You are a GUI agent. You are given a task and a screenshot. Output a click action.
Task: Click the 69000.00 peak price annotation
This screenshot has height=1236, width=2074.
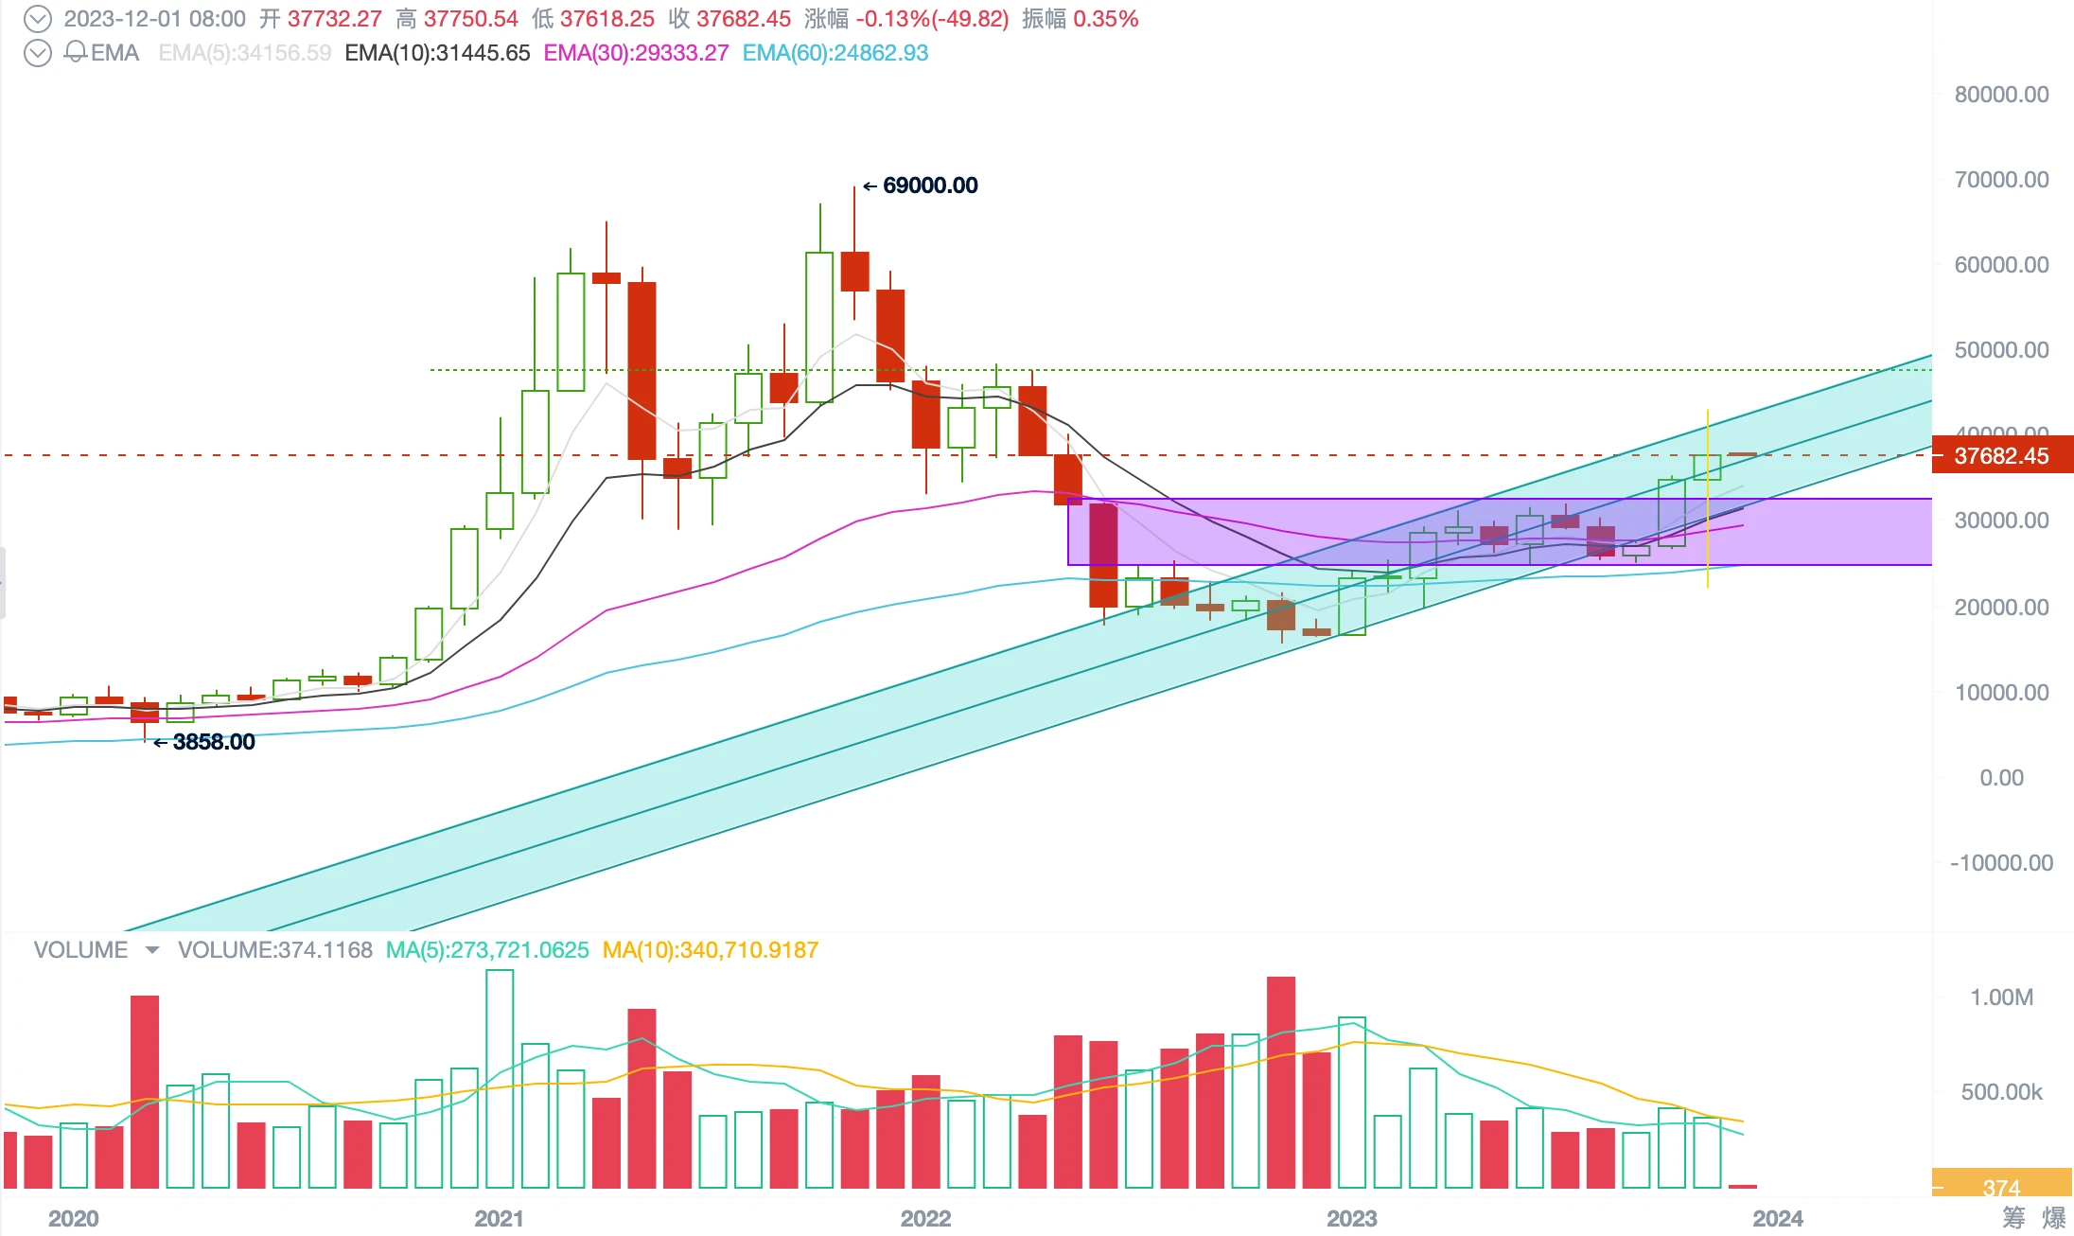tap(929, 185)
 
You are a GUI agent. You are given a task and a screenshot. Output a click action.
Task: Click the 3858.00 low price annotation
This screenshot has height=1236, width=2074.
tap(213, 742)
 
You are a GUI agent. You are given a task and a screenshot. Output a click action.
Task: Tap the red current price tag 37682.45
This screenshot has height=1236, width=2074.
tap(2001, 456)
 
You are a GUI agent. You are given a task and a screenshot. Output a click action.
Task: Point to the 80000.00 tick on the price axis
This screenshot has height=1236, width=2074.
tap(2001, 95)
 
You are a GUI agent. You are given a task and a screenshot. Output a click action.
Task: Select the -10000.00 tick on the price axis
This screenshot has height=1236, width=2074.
tap(2001, 863)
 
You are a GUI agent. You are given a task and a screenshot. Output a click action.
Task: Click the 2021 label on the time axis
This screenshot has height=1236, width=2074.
tap(499, 1218)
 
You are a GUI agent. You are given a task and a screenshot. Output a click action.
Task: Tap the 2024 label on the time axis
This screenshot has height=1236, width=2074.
tap(1777, 1218)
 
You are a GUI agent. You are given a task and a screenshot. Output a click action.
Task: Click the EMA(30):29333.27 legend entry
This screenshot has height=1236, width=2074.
tap(636, 53)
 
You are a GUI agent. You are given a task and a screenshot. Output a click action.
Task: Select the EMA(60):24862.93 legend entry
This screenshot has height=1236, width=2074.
tap(835, 53)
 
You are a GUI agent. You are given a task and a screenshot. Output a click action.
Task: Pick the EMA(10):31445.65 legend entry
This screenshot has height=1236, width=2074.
tap(437, 53)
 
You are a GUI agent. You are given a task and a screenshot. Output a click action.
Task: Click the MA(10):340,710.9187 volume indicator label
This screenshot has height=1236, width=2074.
tap(710, 950)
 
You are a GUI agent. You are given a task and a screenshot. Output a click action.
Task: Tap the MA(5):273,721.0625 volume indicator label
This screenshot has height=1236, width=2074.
tap(486, 950)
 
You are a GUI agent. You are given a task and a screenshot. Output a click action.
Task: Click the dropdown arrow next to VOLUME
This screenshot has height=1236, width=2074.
tap(152, 950)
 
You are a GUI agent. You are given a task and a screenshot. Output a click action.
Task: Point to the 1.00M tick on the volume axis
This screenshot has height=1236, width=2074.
tap(2001, 998)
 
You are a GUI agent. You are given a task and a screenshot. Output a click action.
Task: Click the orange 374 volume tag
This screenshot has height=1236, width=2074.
tap(2001, 1187)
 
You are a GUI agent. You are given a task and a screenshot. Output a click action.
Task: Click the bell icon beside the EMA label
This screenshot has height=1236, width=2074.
tap(76, 52)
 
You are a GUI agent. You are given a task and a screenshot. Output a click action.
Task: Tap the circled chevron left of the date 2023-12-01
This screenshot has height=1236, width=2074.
tap(37, 19)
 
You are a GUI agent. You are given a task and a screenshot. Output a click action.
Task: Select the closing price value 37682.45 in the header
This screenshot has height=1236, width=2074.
tap(743, 19)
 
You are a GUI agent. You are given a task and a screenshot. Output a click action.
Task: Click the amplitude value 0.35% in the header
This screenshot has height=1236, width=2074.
tap(1105, 19)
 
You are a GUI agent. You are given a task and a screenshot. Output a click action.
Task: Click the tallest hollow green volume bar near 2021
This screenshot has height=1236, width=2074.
tap(500, 1079)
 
